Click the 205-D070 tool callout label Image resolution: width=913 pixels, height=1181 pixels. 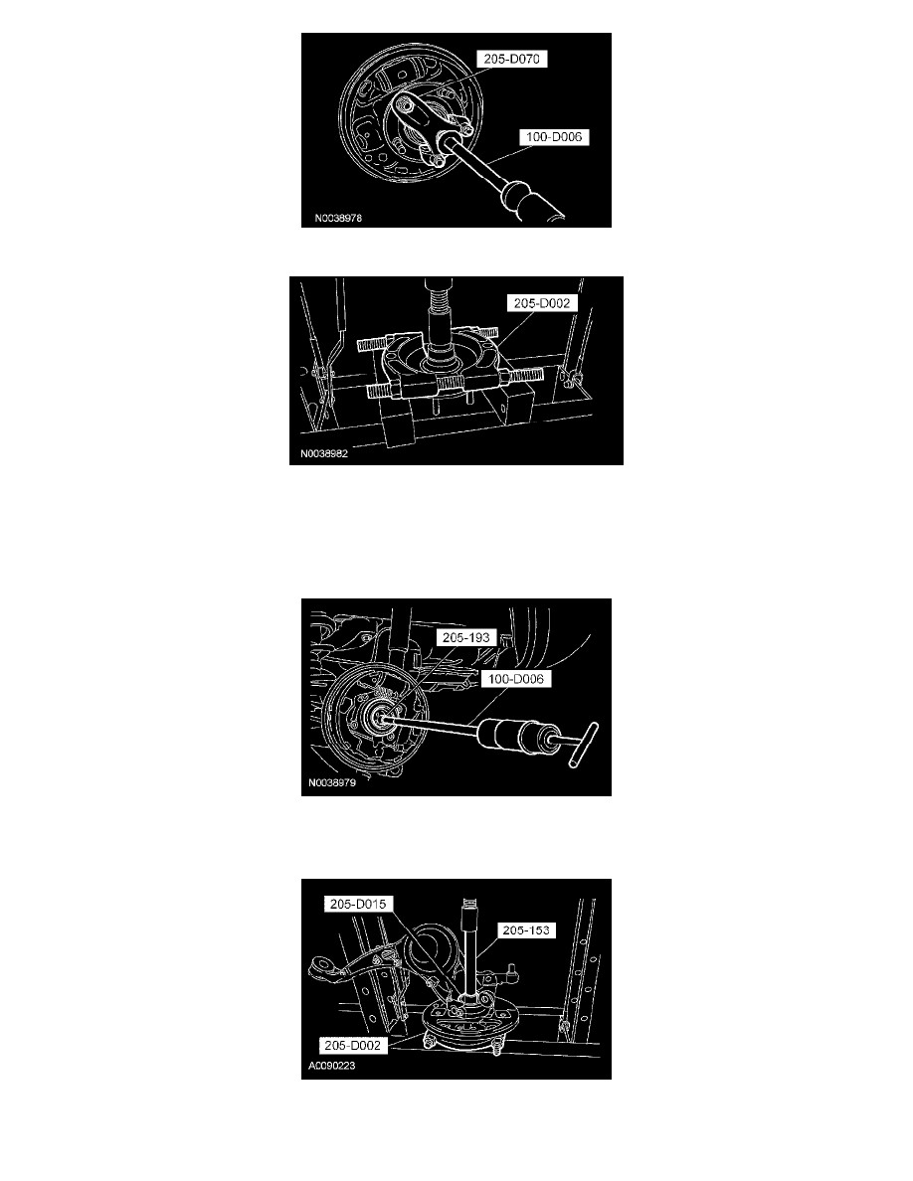coord(512,59)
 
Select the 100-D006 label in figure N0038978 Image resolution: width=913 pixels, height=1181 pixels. coord(554,137)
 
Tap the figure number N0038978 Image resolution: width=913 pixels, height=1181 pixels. coord(338,219)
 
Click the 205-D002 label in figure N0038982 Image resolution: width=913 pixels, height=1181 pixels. coord(542,303)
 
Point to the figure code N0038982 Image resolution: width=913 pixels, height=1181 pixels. coord(324,454)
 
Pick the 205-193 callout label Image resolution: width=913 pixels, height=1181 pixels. coord(466,638)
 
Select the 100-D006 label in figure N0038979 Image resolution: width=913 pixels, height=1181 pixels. coord(516,679)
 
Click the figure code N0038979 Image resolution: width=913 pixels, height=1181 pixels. coord(332,782)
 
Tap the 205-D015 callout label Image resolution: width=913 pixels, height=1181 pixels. coord(358,904)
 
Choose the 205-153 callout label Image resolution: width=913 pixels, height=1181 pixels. coord(526,930)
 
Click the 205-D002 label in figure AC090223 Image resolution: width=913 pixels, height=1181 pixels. coord(352,1046)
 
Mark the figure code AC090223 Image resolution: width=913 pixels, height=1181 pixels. coord(331,1066)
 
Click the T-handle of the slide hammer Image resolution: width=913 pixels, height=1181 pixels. coord(585,745)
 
